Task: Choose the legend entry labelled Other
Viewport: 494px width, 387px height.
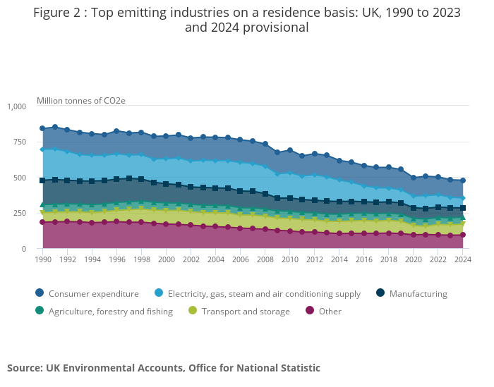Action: [x=329, y=311]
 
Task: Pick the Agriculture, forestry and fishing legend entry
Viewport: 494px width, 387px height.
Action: [x=110, y=311]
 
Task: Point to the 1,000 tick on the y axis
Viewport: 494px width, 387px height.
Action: [x=16, y=106]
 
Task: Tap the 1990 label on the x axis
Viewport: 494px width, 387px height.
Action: [x=42, y=259]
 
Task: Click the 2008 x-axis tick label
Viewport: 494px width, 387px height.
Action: [x=265, y=259]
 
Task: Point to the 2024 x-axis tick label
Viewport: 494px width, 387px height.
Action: [x=463, y=259]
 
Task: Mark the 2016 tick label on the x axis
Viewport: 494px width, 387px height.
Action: [x=364, y=259]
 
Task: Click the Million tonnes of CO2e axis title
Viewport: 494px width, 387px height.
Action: [x=81, y=100]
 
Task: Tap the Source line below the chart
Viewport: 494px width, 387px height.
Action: [x=164, y=367]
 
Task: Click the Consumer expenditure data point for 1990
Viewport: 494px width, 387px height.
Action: [x=42, y=128]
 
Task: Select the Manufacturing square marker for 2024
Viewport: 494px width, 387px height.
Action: [x=463, y=208]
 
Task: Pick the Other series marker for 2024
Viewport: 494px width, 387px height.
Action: [x=463, y=235]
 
